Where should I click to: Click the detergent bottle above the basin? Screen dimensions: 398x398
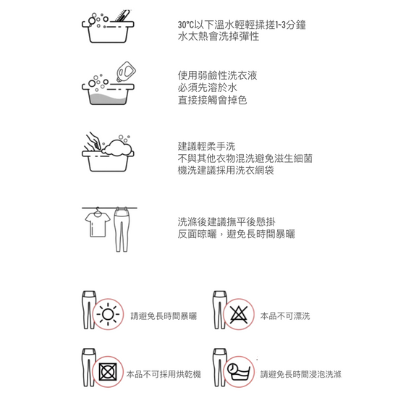pos(126,72)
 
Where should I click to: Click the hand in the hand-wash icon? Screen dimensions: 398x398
pos(93,141)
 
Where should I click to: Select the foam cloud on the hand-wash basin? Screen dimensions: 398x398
pos(117,148)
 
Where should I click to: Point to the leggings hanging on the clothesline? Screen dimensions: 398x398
pos(122,230)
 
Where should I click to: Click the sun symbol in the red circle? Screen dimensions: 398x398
pos(108,314)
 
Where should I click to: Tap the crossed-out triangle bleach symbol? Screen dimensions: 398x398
pos(239,314)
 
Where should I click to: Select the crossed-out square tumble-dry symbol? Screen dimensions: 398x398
pos(108,372)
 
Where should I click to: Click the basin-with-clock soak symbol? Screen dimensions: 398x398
pos(239,372)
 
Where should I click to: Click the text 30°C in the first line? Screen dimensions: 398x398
pos(185,25)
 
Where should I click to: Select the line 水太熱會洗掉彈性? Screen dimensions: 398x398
pos(219,37)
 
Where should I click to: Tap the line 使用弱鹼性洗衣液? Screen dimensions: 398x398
pos(217,75)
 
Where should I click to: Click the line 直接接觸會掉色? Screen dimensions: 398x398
pos(212,100)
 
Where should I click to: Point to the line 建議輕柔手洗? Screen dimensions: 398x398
pos(206,146)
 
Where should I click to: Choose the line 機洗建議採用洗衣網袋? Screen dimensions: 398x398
pos(226,170)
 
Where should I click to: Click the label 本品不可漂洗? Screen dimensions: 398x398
pos(285,316)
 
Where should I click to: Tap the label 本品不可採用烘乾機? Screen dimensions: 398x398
pos(164,374)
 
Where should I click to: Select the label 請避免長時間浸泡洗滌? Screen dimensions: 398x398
pos(301,374)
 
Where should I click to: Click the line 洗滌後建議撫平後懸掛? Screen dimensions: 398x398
pos(226,221)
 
